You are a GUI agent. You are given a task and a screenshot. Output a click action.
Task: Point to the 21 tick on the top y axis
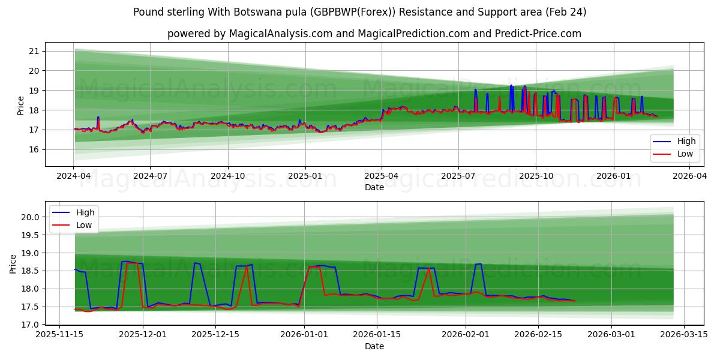[x=34, y=51]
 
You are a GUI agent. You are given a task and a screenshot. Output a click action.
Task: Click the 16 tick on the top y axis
[x=34, y=149]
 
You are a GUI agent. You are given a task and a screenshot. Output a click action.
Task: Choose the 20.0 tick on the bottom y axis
[x=29, y=217]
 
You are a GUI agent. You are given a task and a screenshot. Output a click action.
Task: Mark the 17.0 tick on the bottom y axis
[x=29, y=325]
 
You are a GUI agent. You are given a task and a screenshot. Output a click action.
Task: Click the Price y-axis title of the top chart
[x=20, y=106]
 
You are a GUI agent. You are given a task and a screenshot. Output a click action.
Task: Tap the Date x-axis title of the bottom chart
[x=374, y=346]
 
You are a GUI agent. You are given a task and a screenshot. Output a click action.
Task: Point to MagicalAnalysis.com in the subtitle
[x=281, y=34]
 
